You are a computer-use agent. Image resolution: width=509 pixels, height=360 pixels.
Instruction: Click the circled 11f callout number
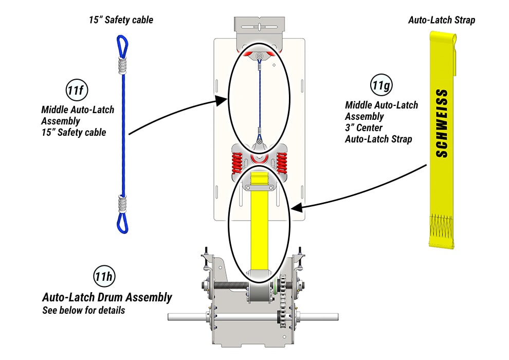pyautogui.click(x=76, y=91)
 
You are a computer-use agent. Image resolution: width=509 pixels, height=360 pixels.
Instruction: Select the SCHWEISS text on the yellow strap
pyautogui.click(x=441, y=123)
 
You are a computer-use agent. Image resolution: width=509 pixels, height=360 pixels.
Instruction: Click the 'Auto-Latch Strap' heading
pyautogui.click(x=441, y=21)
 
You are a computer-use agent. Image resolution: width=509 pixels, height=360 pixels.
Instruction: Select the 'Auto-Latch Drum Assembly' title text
pyautogui.click(x=107, y=297)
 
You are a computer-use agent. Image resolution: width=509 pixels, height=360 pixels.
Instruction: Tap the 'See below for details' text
pyautogui.click(x=83, y=311)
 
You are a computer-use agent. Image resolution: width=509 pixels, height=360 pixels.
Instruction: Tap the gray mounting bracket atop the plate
pyautogui.click(x=259, y=26)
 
